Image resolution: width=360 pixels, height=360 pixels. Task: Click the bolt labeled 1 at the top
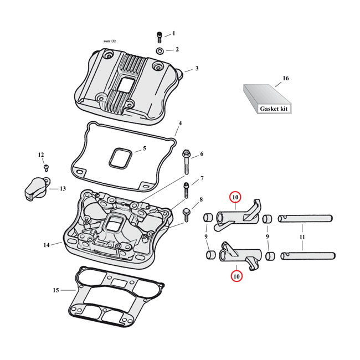pyautogui.click(x=160, y=37)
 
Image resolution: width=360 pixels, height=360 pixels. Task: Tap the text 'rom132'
pyautogui.click(x=111, y=42)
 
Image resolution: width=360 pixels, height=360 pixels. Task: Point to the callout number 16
pyautogui.click(x=286, y=79)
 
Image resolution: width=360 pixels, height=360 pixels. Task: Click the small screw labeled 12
pyautogui.click(x=47, y=167)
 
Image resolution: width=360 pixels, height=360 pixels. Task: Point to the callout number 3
pyautogui.click(x=196, y=69)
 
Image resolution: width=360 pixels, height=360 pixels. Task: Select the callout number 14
pyautogui.click(x=47, y=244)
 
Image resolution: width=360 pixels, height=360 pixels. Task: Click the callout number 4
pyautogui.click(x=179, y=123)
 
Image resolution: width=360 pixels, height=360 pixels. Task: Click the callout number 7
pyautogui.click(x=202, y=178)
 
